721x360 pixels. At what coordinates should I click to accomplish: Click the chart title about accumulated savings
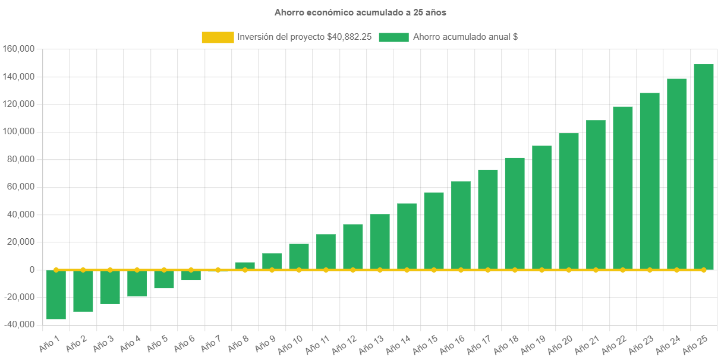pos(360,12)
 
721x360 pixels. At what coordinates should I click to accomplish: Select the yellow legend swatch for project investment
pos(218,37)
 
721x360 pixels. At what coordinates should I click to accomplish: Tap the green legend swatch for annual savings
pos(393,37)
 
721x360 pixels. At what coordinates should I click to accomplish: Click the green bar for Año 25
pos(703,166)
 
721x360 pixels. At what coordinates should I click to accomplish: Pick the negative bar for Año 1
pos(56,295)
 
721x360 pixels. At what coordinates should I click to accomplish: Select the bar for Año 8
pos(245,266)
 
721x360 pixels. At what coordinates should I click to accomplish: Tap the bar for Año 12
pos(353,247)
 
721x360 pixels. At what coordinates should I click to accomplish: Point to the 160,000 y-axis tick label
pos(18,49)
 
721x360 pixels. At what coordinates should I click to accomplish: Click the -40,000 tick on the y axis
pos(18,324)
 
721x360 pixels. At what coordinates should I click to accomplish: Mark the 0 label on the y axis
pos(31,270)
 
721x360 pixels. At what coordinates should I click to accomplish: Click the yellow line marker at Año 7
pos(218,270)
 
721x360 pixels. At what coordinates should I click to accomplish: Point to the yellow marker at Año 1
pos(56,270)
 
